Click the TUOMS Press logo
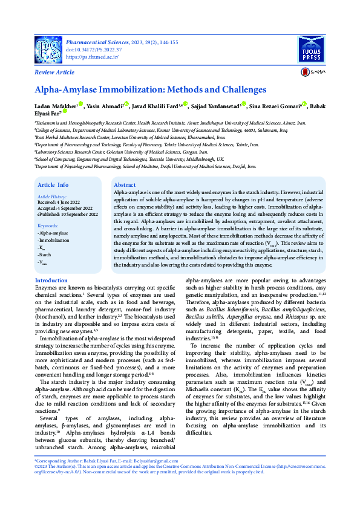coord(312,48)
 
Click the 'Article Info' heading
coord(53,184)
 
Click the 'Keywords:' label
coord(48,225)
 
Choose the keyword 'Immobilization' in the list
coord(54,240)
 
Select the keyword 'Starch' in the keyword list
coord(46,255)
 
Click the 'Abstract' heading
coord(125,184)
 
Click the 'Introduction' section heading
coord(51,280)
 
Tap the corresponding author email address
coord(145,461)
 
